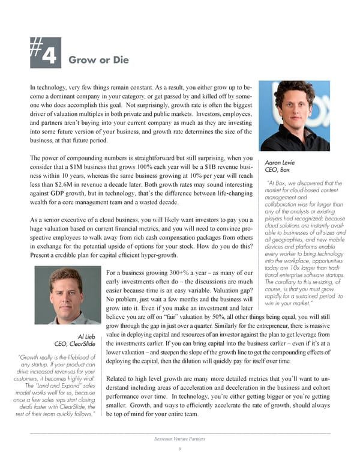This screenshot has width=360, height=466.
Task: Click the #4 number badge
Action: [46, 51]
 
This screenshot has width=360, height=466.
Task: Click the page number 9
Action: [179, 449]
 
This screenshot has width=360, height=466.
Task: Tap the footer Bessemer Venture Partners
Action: [179, 439]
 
